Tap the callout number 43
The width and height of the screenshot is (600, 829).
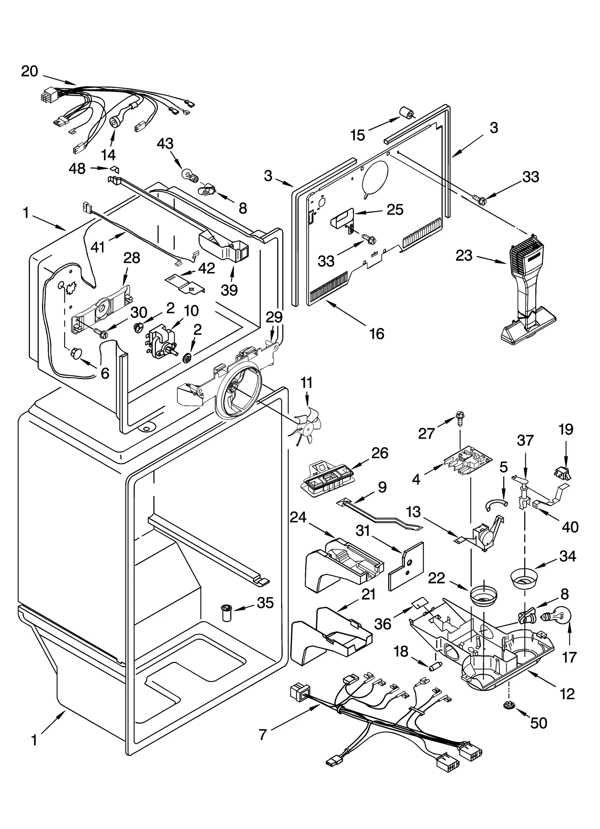(x=165, y=144)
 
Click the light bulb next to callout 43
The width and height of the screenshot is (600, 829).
(x=189, y=175)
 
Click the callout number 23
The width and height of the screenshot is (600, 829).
(x=464, y=256)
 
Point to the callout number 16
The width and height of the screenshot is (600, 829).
(x=376, y=333)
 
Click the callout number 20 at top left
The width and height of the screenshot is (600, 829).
(x=30, y=71)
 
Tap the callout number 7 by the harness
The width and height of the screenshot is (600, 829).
(x=262, y=734)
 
